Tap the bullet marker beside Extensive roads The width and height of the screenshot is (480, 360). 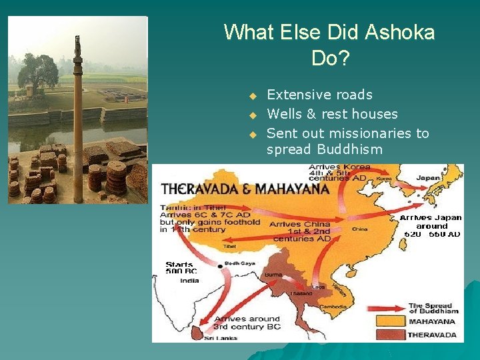(x=253, y=95)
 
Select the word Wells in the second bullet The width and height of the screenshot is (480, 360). (x=285, y=114)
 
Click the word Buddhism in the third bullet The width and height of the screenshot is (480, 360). (x=349, y=149)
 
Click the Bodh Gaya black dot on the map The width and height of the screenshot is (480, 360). (x=221, y=267)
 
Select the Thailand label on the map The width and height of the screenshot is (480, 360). (x=301, y=293)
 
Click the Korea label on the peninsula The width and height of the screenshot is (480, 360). (x=384, y=179)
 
